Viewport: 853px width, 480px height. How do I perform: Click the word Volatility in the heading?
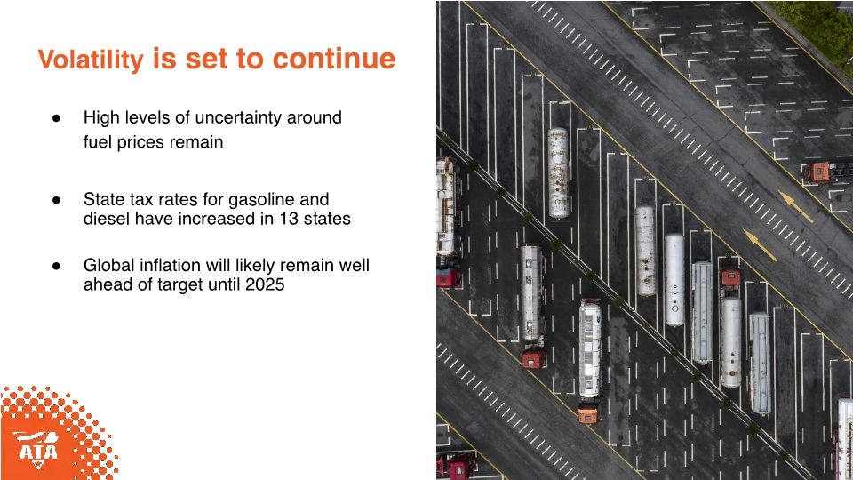coord(91,60)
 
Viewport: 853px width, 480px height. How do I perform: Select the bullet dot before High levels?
coord(55,117)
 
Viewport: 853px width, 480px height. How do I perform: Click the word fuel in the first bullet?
coord(97,141)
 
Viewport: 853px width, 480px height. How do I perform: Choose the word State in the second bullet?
coord(103,199)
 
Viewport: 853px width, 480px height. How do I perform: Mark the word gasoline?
coord(260,199)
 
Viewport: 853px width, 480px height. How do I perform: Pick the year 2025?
coord(267,285)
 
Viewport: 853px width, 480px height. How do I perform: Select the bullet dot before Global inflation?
coord(55,265)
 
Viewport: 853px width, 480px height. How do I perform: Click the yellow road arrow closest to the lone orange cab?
coord(796,205)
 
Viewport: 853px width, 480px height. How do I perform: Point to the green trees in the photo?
coord(817,27)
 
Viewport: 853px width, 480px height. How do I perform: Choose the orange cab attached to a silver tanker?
coord(588,413)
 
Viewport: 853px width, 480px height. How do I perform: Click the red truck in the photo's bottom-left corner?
coord(458,465)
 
